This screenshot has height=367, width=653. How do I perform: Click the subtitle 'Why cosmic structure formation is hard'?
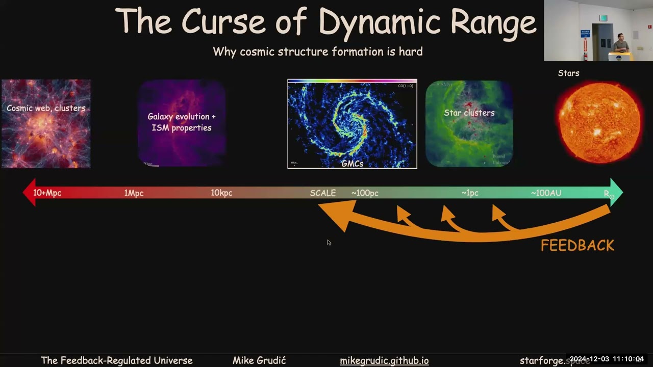point(317,51)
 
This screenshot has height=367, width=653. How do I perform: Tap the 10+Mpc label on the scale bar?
point(47,193)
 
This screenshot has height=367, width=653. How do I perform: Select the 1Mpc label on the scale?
point(134,193)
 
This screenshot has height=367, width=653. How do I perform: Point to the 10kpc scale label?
point(221,193)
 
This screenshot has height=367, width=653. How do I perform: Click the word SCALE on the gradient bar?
point(322,193)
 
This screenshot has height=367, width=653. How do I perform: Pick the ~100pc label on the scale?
point(365,193)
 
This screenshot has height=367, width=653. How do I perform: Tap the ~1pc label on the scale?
point(469,193)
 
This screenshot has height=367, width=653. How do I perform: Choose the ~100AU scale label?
point(546,193)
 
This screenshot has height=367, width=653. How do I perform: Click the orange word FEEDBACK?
point(577,246)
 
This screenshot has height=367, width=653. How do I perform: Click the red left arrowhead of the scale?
point(29,193)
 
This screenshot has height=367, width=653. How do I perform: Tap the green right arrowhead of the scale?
point(616,193)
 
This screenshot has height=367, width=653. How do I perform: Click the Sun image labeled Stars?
point(599,121)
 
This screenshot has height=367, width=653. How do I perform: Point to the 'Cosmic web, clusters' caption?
point(46,108)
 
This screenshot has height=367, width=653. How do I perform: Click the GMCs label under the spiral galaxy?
point(352,164)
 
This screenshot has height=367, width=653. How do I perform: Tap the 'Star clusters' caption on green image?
point(469,113)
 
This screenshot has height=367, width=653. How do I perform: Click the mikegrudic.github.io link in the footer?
point(384,360)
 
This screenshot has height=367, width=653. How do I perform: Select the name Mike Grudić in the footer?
point(259,360)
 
